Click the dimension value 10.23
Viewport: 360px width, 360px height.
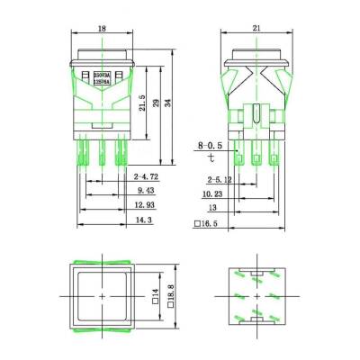[212, 192]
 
